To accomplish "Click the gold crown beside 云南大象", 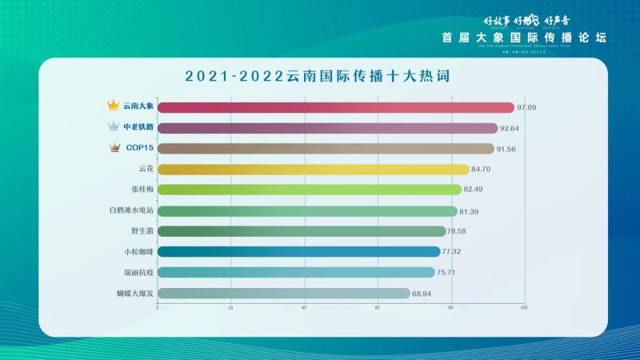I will [113, 105].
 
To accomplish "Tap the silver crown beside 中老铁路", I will [113, 126].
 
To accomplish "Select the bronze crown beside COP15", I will [114, 148].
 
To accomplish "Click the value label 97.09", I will [526, 107].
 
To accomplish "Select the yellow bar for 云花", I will [313, 169].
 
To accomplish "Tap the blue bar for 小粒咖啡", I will [298, 252].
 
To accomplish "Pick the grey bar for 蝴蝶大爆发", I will [283, 293].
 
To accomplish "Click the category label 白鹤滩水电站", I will [131, 210].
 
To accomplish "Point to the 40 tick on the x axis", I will [304, 307].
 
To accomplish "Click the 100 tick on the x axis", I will [524, 307].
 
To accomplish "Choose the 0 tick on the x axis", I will [158, 307].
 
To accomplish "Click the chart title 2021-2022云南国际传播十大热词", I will [318, 76].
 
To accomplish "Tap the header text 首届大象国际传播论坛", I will [524, 38].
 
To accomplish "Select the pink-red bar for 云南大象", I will [335, 107].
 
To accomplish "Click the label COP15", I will [140, 148].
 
